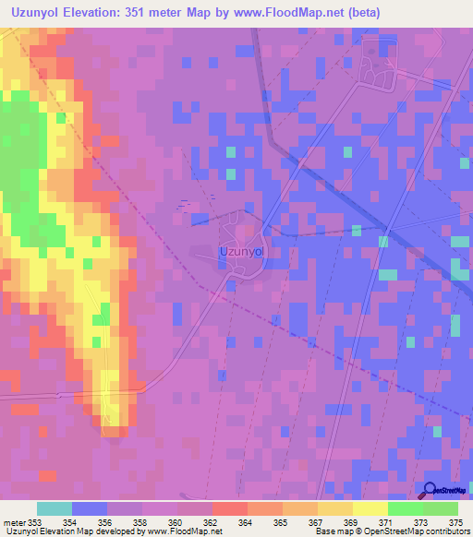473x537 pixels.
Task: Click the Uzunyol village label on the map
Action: tap(241, 250)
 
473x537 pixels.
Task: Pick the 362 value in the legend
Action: tap(212, 521)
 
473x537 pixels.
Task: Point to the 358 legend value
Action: tap(142, 521)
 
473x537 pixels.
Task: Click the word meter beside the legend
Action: tap(13, 521)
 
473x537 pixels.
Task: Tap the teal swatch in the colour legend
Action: tap(55, 508)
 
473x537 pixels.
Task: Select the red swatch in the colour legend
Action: tap(230, 508)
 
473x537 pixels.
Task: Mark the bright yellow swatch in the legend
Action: tap(370, 508)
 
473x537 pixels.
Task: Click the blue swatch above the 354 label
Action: tap(90, 508)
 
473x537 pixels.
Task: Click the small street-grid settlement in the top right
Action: tap(376, 65)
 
